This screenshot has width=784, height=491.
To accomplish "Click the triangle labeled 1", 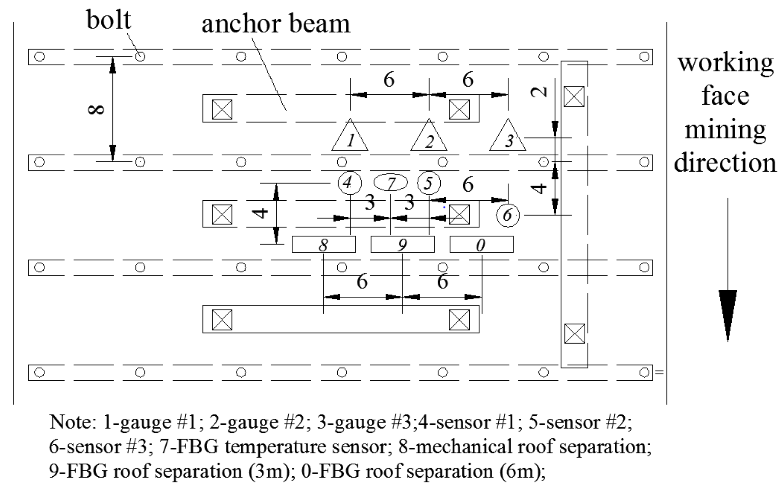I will (x=350, y=138).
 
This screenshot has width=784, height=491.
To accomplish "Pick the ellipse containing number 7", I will (x=390, y=183).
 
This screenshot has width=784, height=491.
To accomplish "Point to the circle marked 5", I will (x=429, y=183).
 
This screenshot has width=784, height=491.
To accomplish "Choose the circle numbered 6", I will (x=508, y=215).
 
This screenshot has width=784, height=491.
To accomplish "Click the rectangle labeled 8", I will (x=323, y=244).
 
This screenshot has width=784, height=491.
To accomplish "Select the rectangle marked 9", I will (x=403, y=244).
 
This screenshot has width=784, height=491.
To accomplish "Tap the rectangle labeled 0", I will (x=481, y=244).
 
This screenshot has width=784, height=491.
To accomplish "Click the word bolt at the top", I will (x=109, y=20).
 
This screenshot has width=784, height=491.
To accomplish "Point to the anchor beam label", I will (x=276, y=24).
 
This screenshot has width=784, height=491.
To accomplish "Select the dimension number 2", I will (x=539, y=92).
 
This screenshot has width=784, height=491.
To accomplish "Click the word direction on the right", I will (x=725, y=163).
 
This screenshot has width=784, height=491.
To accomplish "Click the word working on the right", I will (x=726, y=63).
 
